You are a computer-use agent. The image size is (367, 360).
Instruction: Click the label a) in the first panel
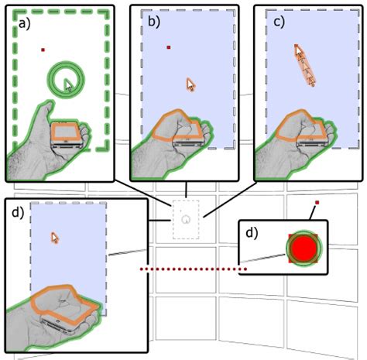tap(25, 23)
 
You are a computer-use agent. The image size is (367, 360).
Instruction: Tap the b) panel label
tap(154, 22)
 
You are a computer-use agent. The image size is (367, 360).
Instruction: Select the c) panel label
tap(280, 22)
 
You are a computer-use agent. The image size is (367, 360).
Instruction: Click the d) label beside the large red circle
tap(252, 233)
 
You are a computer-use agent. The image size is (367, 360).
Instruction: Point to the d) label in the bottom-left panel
tap(18, 212)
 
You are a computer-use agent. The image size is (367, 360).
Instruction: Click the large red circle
tap(304, 248)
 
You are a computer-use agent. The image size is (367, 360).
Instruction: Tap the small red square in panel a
tap(43, 50)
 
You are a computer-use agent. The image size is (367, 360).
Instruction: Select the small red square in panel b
tap(169, 47)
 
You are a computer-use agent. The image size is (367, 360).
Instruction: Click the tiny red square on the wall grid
tap(317, 203)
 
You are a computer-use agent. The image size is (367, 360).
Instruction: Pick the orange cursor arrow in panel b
tap(190, 84)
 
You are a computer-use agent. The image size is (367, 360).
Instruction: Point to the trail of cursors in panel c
tap(305, 65)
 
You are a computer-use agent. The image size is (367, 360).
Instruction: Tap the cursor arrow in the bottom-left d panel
tap(55, 238)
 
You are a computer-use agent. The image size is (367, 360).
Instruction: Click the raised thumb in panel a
tap(46, 108)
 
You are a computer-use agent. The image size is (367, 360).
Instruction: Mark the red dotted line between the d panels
tap(193, 269)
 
